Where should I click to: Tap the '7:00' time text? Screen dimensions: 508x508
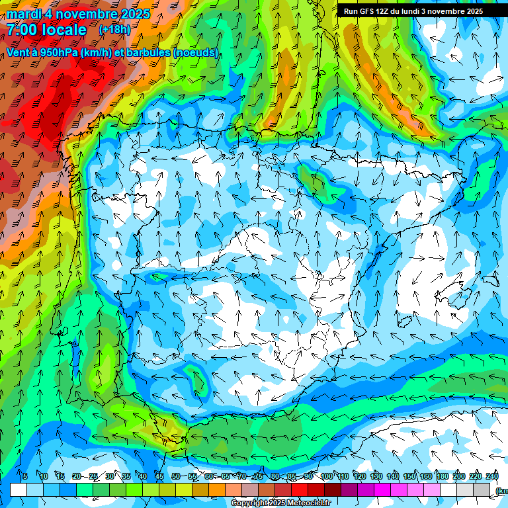click(x=23, y=30)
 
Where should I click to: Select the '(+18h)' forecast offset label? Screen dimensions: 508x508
click(x=114, y=30)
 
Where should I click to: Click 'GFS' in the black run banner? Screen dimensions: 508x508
click(x=370, y=11)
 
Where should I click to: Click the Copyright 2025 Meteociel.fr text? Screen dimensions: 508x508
click(x=280, y=503)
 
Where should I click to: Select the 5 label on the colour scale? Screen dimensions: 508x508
click(x=25, y=476)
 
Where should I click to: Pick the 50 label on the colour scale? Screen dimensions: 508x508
click(x=175, y=476)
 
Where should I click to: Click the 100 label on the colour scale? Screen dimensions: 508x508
click(x=327, y=476)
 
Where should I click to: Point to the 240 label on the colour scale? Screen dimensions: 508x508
click(x=492, y=476)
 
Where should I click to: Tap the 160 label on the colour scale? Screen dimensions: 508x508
click(x=426, y=476)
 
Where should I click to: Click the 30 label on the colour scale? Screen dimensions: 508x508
click(x=109, y=476)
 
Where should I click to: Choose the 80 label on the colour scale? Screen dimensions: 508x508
click(x=275, y=476)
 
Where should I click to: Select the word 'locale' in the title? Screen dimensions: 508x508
click(x=66, y=30)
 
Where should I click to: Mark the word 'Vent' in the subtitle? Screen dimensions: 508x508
click(x=18, y=53)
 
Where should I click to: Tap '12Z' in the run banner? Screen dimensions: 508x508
click(x=386, y=11)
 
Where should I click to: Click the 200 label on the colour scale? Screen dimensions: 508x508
click(x=459, y=476)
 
